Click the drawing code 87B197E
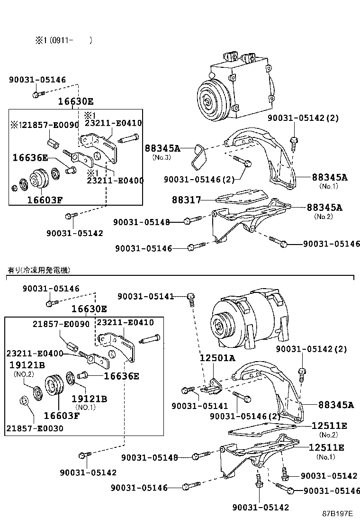[x=338, y=514]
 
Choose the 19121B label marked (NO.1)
[x=89, y=399]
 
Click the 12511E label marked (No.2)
[x=329, y=426]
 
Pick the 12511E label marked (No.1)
[x=326, y=447]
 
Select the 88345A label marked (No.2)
[x=324, y=207]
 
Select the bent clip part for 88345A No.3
[x=200, y=158]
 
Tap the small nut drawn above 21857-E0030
[x=24, y=401]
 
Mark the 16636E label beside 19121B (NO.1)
[x=121, y=376]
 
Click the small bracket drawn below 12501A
[x=210, y=388]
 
